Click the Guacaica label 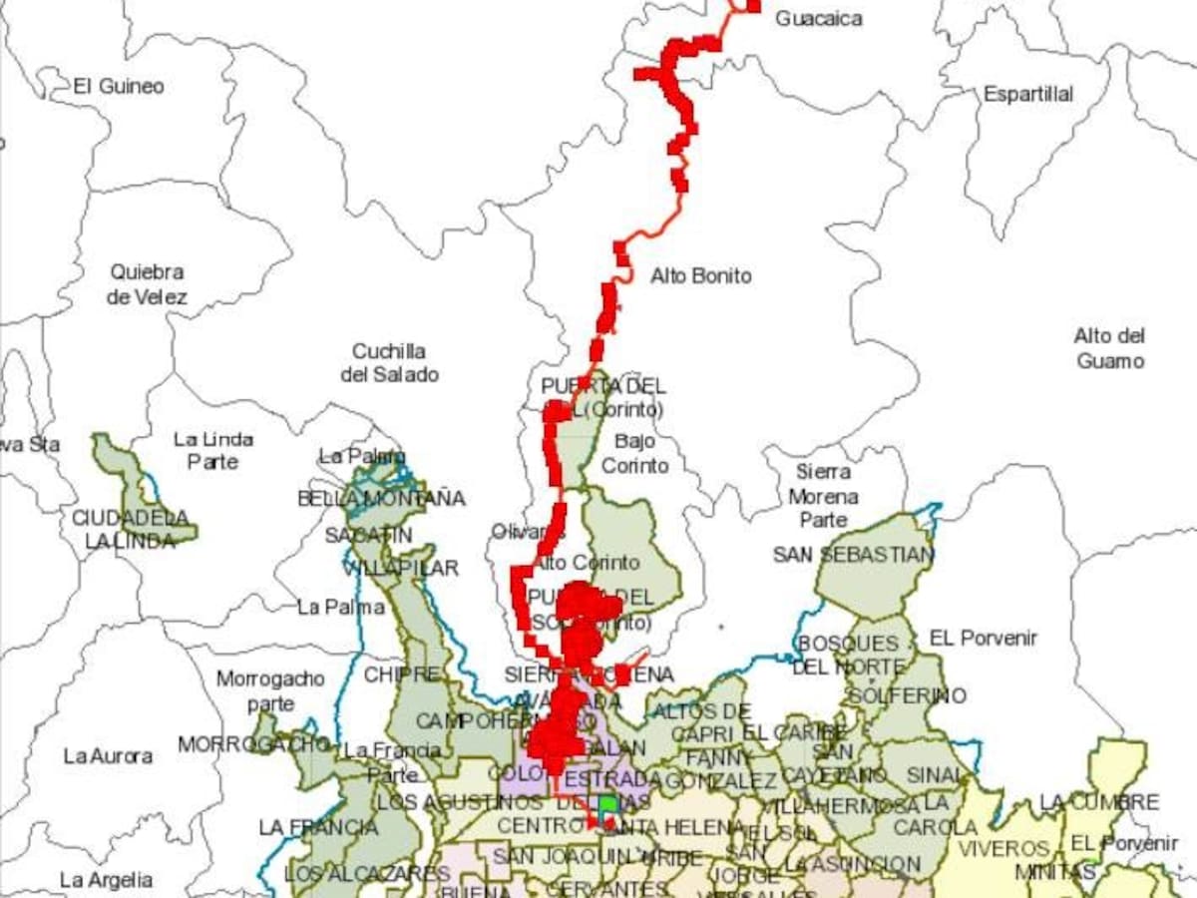[819, 18]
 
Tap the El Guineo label [119, 87]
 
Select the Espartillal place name [1028, 94]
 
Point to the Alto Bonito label [701, 276]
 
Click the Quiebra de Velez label [148, 284]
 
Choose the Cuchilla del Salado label [389, 363]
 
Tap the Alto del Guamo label [1109, 348]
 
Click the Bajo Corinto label [635, 453]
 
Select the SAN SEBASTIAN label [854, 555]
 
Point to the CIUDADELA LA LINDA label [130, 529]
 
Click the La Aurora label [108, 756]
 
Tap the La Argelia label [106, 880]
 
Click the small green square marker [607, 804]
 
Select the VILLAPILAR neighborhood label [401, 569]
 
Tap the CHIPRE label [401, 674]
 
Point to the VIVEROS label [1003, 849]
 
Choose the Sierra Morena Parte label [824, 496]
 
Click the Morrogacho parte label [270, 691]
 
